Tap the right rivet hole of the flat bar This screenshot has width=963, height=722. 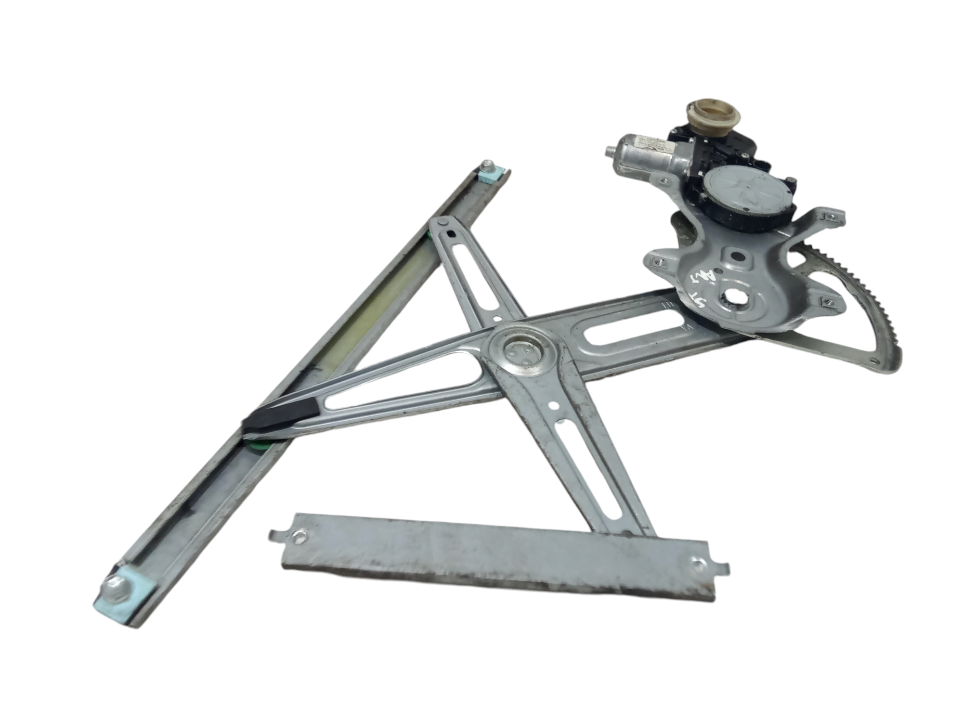pyautogui.click(x=697, y=562)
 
